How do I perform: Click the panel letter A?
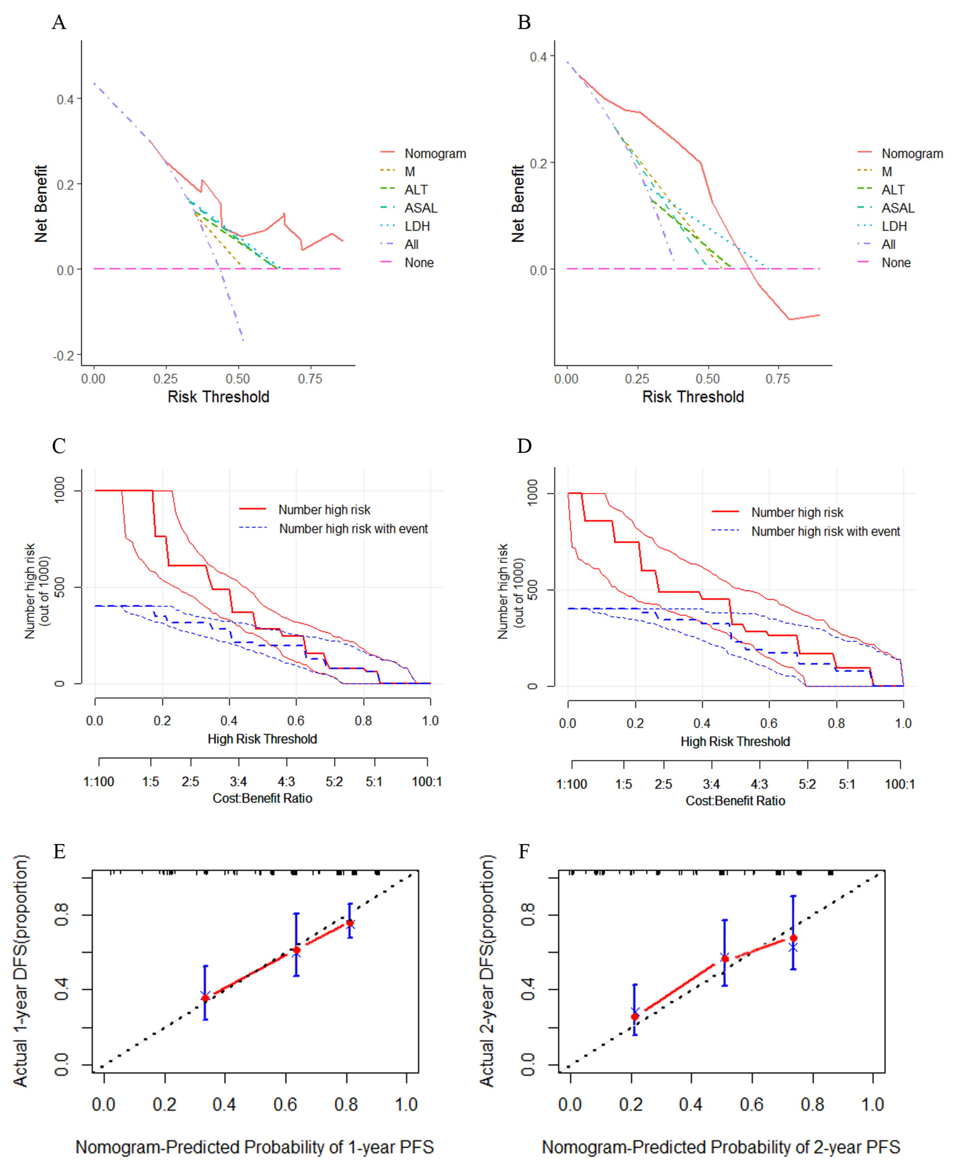pos(59,23)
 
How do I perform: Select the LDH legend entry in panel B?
pos(894,226)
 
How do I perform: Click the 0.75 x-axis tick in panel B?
pos(778,379)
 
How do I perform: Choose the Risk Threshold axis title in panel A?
pos(218,397)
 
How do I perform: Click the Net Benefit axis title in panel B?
pos(518,204)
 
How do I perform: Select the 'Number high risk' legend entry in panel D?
pos(797,512)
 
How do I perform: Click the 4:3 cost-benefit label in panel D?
pos(759,784)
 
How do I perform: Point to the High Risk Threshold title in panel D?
pos(735,742)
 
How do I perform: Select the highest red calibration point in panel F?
pos(793,938)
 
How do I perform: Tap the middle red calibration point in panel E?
pos(296,950)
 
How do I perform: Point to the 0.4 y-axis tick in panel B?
pos(538,56)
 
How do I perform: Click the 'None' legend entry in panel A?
pos(419,263)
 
